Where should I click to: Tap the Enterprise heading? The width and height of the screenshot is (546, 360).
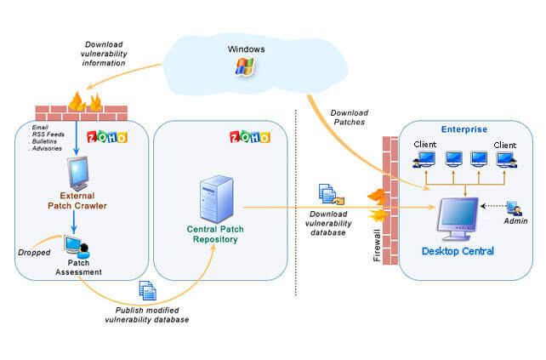pos(464,129)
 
